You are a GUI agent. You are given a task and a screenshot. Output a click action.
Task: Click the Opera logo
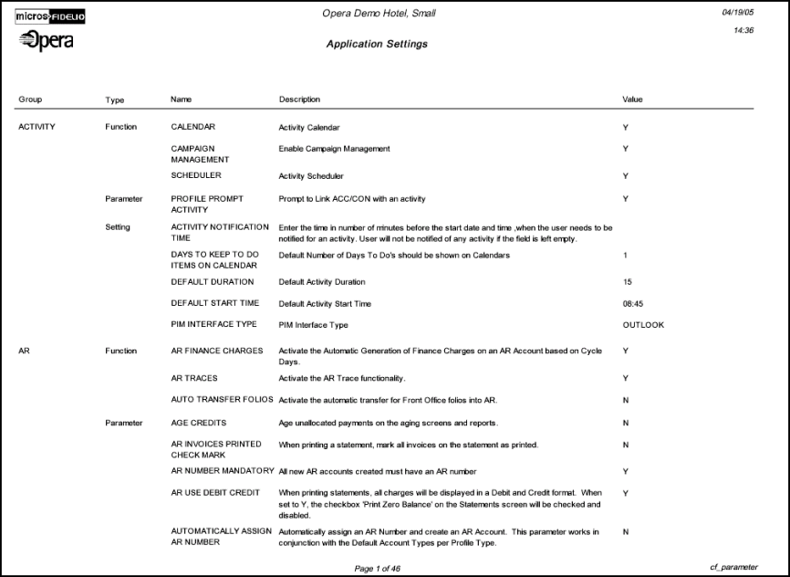point(46,42)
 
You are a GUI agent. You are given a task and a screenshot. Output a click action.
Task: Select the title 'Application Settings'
point(377,44)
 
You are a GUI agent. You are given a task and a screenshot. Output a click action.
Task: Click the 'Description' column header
point(299,99)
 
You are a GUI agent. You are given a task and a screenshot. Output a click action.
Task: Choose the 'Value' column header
point(632,99)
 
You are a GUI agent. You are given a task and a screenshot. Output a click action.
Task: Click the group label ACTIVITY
point(36,127)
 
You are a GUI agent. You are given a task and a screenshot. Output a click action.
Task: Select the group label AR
point(24,351)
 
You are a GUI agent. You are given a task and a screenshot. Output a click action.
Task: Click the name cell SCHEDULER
point(196,175)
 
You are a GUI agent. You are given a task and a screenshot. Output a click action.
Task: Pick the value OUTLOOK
point(643,325)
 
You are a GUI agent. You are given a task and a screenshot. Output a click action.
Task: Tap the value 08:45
point(633,303)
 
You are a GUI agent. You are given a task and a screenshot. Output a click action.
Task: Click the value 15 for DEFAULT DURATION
point(627,282)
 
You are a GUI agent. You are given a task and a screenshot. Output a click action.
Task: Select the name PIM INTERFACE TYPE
point(214,325)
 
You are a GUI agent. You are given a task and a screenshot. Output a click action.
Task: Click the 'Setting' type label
point(118,227)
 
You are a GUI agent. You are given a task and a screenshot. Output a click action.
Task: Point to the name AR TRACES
point(194,378)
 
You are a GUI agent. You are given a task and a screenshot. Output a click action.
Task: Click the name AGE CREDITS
point(199,423)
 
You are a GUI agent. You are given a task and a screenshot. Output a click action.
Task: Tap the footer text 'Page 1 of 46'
point(377,568)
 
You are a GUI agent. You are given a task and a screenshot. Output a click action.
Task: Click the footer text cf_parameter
point(733,567)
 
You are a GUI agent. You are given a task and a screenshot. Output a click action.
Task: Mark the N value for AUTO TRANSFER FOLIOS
point(626,400)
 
